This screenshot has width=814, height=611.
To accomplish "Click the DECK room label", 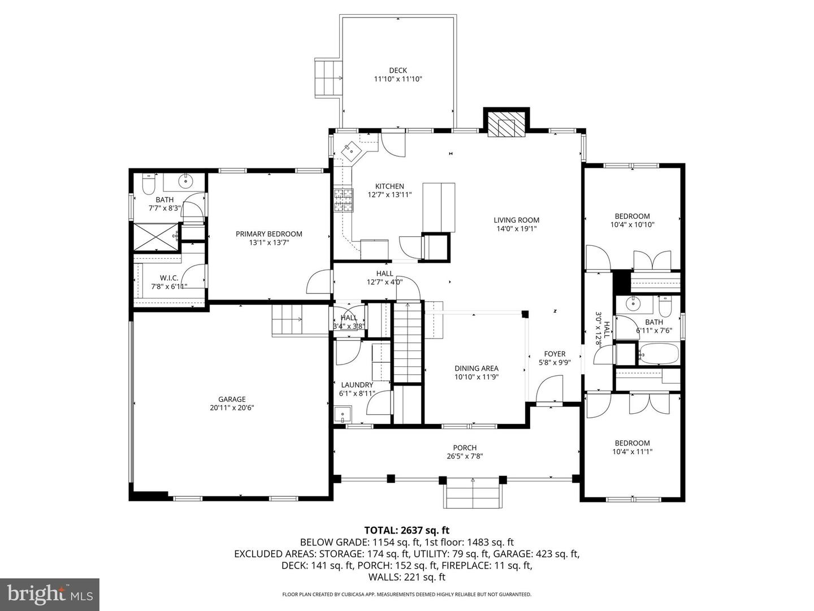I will point(398,71).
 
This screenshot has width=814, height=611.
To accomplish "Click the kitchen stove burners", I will point(342,201).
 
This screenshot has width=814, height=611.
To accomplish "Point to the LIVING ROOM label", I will point(516,220).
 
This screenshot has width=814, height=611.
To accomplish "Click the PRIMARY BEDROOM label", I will point(269,234).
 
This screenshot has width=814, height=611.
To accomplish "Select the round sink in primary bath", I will point(185,182).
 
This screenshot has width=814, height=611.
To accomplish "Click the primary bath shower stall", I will point(154,237).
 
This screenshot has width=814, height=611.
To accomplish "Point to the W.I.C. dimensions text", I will point(169,287).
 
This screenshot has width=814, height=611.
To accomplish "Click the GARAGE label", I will point(232,399).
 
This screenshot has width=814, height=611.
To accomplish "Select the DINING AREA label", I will point(476,369).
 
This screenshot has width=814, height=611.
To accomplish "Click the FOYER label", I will point(555,354).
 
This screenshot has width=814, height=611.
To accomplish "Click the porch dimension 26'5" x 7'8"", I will point(465,456).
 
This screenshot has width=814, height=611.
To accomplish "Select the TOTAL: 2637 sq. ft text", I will point(406,530).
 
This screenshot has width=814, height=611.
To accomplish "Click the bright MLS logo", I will point(50,594).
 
